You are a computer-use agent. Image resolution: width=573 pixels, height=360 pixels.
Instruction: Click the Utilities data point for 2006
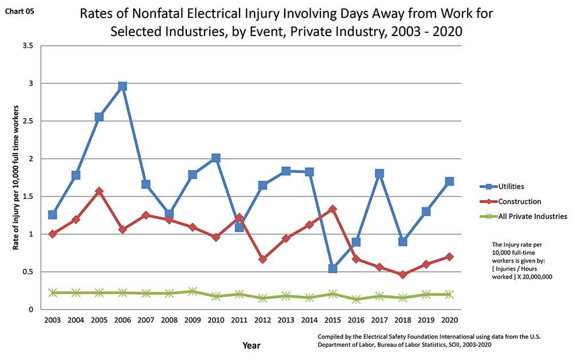point(122,86)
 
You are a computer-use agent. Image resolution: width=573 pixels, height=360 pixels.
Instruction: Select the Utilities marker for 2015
point(333,268)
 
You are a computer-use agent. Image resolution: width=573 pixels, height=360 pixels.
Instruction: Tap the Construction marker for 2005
point(99,191)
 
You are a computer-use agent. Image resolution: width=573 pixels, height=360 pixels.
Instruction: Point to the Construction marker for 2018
point(403,275)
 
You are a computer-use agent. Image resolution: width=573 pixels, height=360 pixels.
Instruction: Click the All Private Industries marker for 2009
point(193,291)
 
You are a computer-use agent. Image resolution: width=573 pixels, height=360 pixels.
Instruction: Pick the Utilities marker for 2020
point(449,181)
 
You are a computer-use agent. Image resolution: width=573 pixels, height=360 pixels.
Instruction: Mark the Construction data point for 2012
point(262,259)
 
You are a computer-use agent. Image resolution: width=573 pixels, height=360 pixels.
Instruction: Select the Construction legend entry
point(519,201)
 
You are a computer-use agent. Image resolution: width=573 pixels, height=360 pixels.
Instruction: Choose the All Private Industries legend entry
point(532,216)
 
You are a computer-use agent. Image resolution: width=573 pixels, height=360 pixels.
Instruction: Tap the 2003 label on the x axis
point(52,320)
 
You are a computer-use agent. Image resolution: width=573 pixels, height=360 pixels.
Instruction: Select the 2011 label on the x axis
point(239,320)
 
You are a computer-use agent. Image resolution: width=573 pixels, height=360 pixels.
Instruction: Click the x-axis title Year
point(250,345)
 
